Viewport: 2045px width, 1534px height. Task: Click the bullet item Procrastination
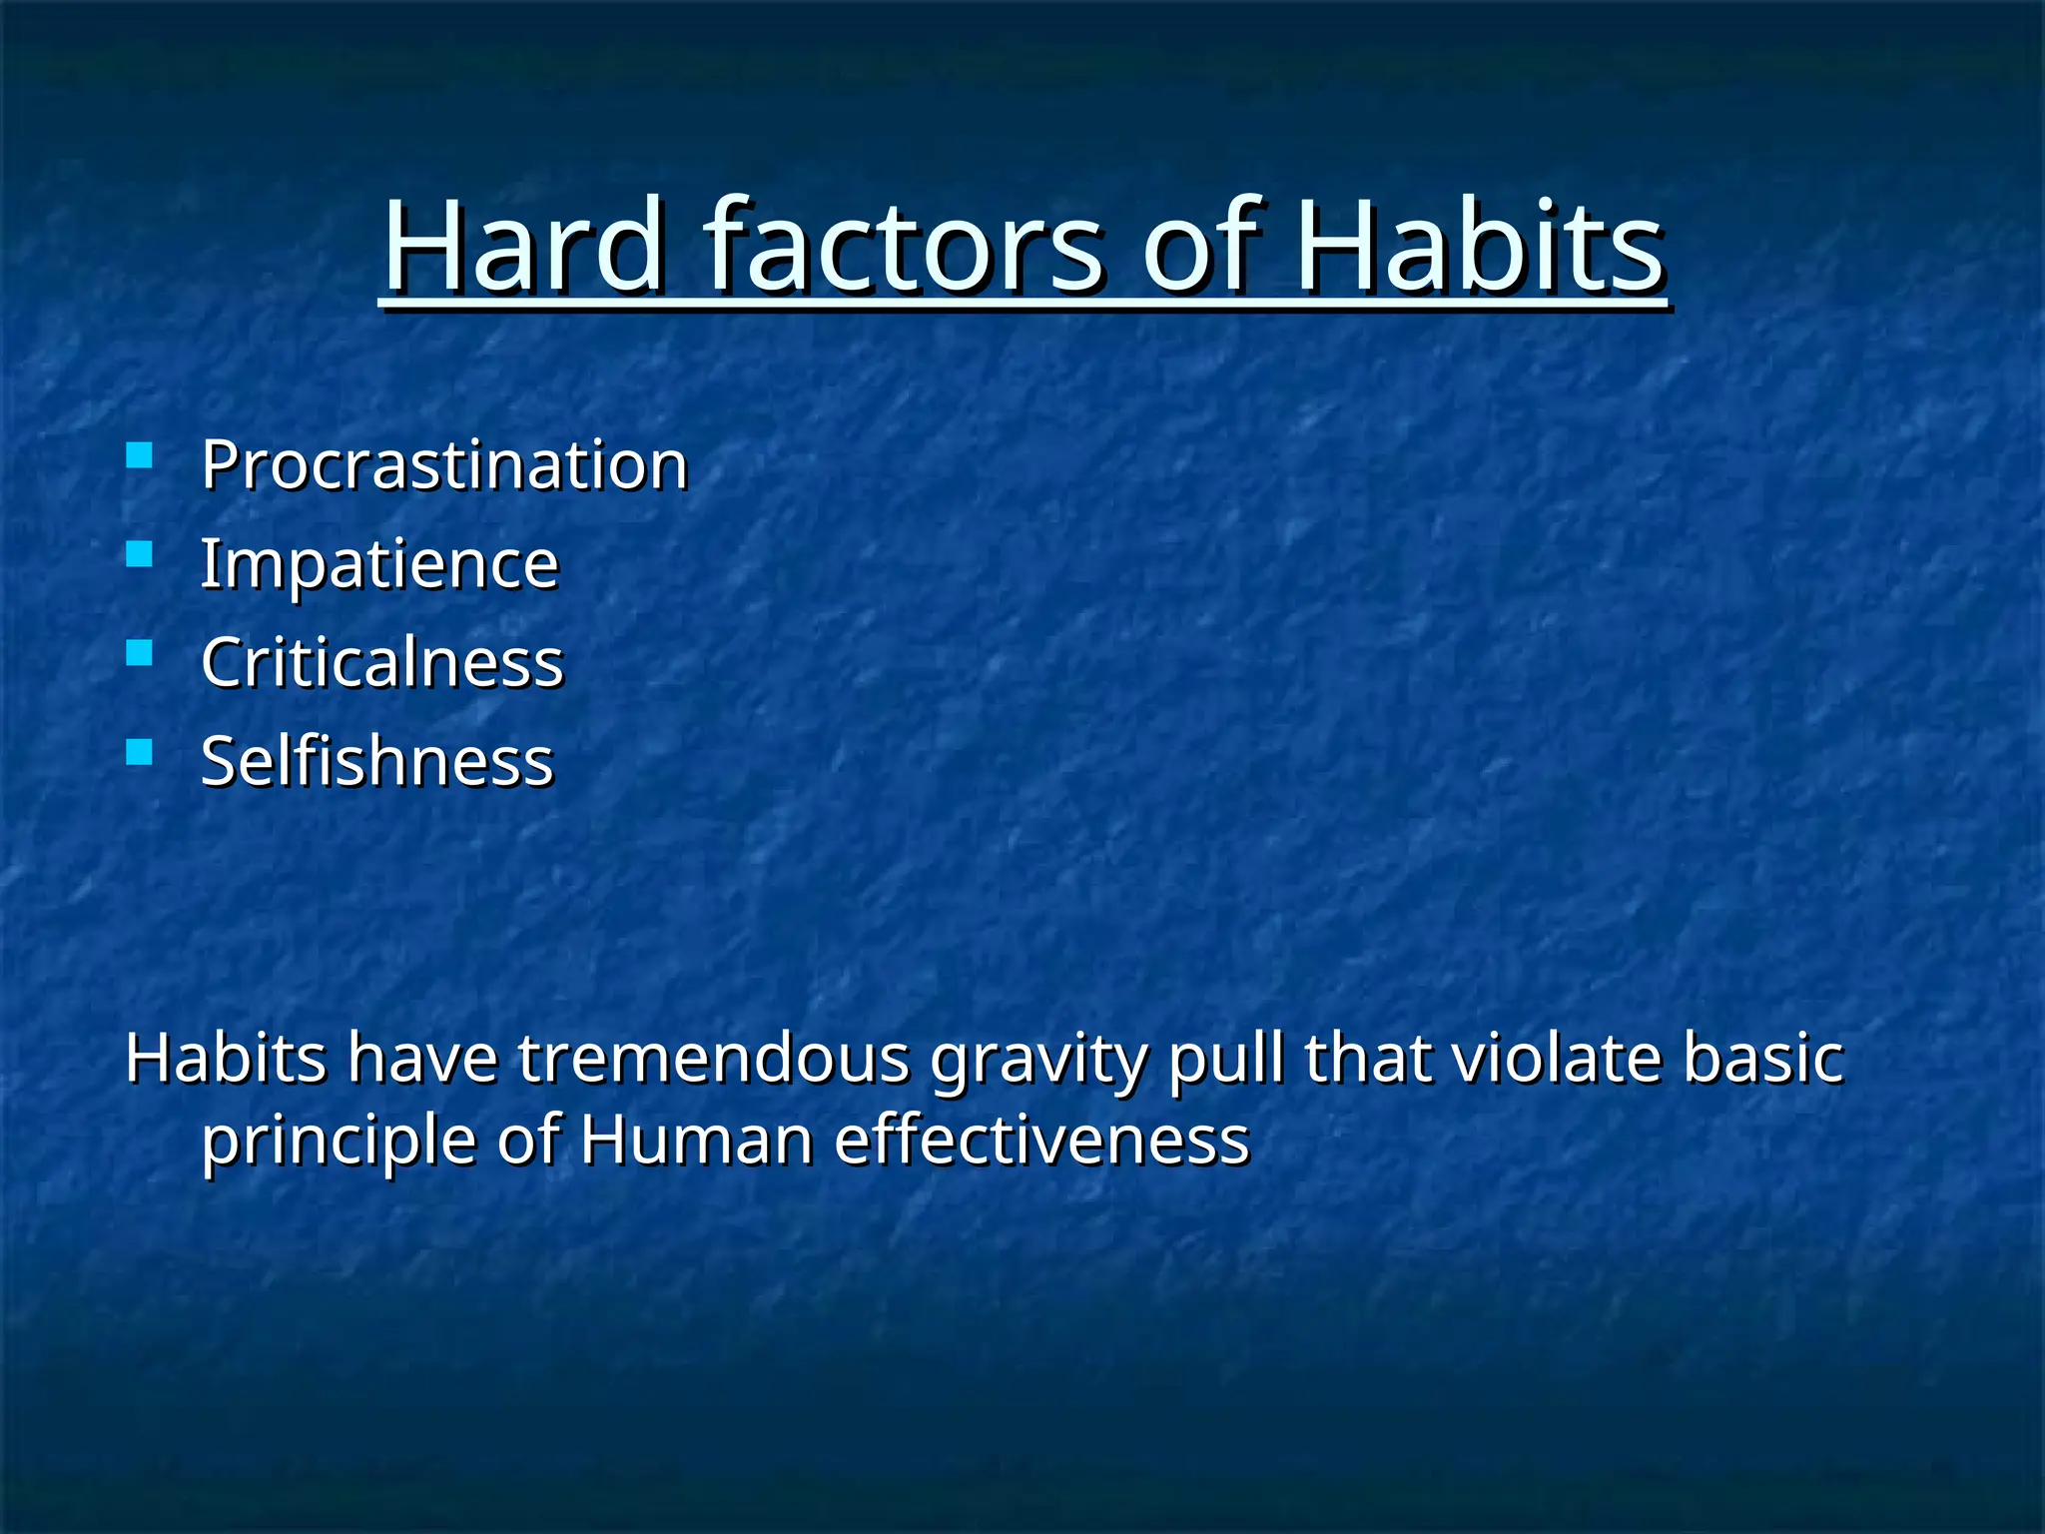pos(444,465)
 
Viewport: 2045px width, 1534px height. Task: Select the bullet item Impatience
pos(379,564)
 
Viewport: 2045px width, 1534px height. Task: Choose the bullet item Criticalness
pos(382,662)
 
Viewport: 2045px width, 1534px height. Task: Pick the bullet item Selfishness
pos(376,761)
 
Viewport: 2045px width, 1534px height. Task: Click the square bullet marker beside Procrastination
pos(140,456)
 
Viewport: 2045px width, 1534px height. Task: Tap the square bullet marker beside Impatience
pos(140,554)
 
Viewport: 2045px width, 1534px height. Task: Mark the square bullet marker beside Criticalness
pos(140,653)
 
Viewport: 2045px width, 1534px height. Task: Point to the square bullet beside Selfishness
pos(140,751)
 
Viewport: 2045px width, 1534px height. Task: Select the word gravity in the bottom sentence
pos(1038,1061)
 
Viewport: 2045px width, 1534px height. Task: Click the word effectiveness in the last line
pos(1041,1141)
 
